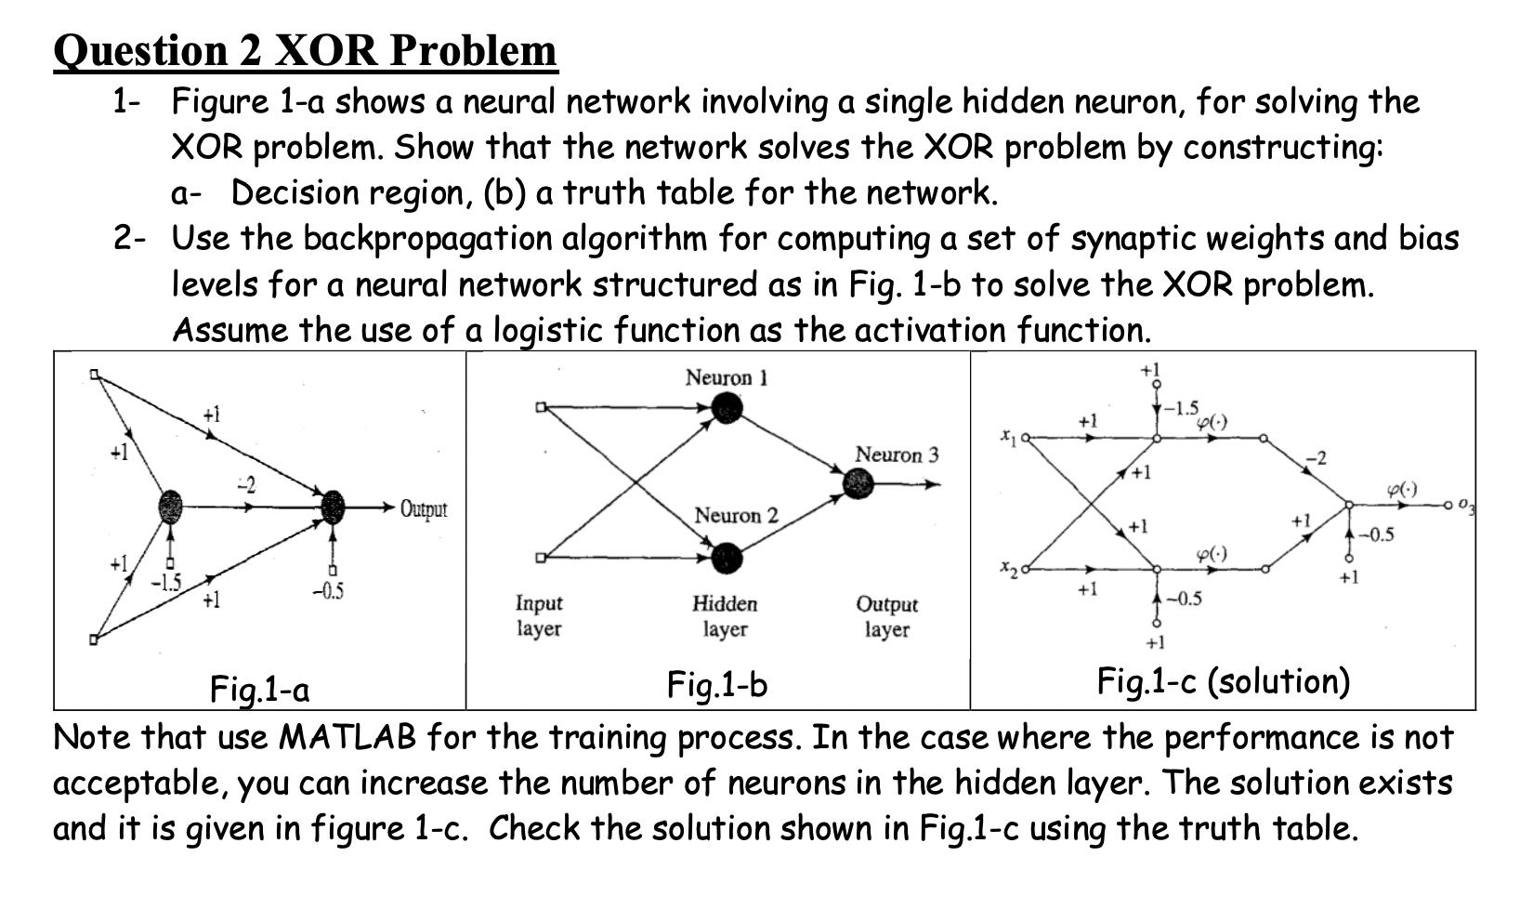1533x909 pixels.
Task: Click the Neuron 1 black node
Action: point(727,407)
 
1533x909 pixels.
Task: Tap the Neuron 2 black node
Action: point(727,558)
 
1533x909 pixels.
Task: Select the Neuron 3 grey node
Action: point(858,483)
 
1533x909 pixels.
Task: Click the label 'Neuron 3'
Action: point(897,454)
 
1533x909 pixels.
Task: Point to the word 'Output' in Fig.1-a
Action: point(424,509)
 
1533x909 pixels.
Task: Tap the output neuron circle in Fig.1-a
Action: point(333,507)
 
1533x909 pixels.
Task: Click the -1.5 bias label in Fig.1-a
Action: point(167,583)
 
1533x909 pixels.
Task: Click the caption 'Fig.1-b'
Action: point(717,686)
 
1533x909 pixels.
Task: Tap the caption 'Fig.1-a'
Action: point(260,690)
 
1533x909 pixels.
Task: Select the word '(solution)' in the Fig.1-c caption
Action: point(1278,682)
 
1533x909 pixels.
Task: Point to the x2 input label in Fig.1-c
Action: point(1007,566)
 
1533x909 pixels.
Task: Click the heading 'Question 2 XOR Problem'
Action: point(306,50)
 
